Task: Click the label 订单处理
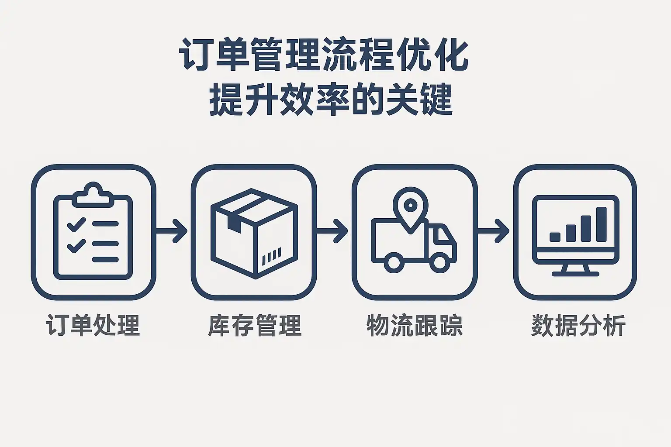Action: (x=93, y=326)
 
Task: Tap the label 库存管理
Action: (x=255, y=326)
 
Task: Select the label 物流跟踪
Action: (x=415, y=326)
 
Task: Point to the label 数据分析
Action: (x=578, y=326)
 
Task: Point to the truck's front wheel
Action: (x=439, y=263)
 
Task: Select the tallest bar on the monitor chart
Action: (x=602, y=224)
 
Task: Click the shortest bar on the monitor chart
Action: (x=555, y=237)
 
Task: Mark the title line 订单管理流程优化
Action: (x=324, y=56)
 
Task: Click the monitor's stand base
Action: (x=575, y=274)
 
